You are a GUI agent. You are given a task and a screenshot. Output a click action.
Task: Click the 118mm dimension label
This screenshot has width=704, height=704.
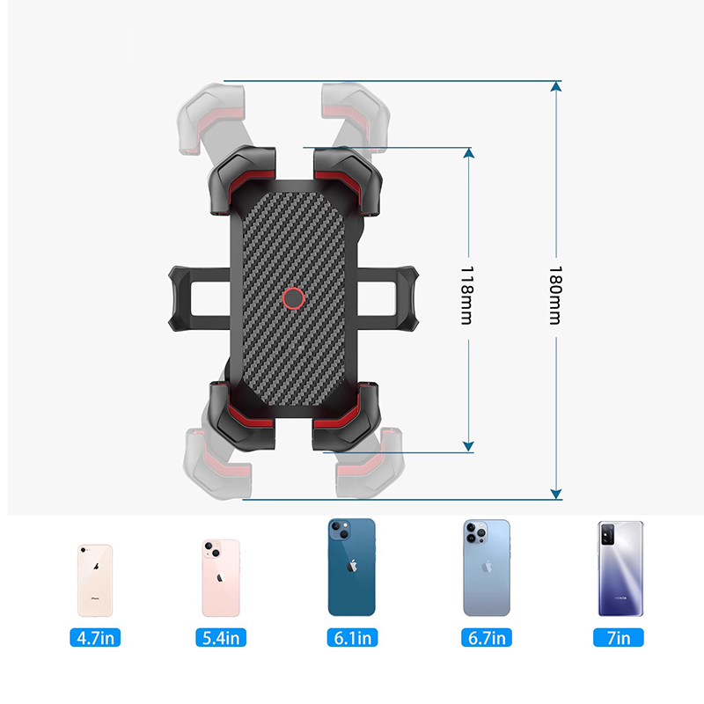(x=467, y=296)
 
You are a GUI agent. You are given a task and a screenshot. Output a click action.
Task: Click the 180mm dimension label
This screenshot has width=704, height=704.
(x=555, y=296)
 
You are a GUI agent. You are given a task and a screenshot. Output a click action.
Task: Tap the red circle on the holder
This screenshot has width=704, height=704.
(x=293, y=299)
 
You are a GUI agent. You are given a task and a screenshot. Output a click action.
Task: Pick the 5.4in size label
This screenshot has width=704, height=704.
(x=220, y=637)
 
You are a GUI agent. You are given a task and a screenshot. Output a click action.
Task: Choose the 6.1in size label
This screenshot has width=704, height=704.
(x=352, y=637)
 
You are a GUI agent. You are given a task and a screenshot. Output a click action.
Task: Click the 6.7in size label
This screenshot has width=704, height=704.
(x=487, y=637)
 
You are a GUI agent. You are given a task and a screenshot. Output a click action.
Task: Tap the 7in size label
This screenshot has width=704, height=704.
(x=620, y=637)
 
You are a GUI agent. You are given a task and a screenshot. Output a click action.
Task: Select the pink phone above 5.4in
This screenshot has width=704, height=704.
(x=220, y=577)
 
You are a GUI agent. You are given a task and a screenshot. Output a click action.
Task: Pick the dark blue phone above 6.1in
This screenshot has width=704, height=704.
(x=352, y=567)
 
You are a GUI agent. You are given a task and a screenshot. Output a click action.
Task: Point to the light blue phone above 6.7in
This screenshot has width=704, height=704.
(x=487, y=568)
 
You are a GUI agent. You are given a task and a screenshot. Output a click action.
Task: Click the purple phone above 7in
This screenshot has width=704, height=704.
(x=620, y=568)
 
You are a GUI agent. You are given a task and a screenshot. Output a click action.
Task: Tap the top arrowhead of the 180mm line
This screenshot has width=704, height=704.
(x=555, y=86)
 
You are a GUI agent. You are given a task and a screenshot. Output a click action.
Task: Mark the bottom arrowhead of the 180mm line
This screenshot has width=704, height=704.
(x=555, y=494)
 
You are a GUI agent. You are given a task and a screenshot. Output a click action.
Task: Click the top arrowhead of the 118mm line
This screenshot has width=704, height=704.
(x=468, y=153)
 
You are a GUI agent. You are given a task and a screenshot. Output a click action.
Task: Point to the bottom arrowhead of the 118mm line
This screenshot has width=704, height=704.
(x=468, y=447)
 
